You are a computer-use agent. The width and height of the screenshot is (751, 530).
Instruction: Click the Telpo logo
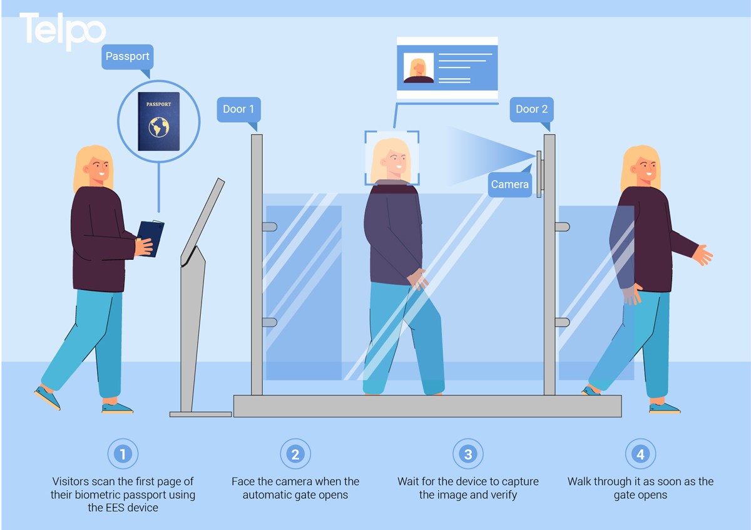coord(63,30)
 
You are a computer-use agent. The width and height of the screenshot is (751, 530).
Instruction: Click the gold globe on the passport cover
coord(159,127)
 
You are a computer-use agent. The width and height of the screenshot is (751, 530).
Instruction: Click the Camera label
coord(509,184)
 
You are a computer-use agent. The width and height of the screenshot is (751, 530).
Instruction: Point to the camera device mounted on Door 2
coord(539,174)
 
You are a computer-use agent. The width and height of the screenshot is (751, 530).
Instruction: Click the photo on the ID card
coord(419,68)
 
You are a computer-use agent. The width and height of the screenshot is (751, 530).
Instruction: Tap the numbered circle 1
coord(123,454)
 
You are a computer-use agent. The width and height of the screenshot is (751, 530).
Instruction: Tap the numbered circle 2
coord(295,454)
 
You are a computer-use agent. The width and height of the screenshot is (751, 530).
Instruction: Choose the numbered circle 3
coord(468,454)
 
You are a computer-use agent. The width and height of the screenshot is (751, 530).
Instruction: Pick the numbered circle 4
coord(640,454)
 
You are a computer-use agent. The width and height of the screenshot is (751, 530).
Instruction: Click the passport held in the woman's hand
coord(151,237)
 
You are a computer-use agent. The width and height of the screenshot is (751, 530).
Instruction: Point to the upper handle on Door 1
coord(269,227)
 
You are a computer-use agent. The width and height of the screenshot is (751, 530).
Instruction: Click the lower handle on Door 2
coord(562,322)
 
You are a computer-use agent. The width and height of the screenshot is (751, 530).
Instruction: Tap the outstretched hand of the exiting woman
coord(703,255)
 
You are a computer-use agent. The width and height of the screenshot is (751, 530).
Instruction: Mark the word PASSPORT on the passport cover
coord(158,104)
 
